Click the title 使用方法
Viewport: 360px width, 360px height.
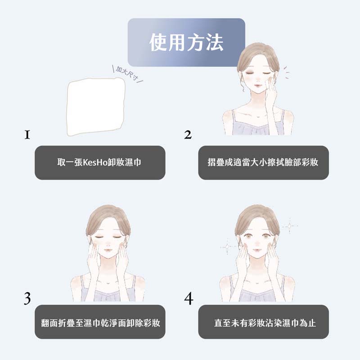tap(186, 42)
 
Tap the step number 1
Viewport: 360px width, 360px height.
tap(27, 135)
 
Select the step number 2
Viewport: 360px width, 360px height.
tap(188, 135)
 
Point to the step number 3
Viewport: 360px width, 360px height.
tap(27, 298)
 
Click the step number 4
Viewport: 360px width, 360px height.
tap(189, 298)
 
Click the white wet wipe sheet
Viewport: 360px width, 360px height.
tap(96, 106)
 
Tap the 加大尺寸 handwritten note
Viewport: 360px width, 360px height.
tap(127, 73)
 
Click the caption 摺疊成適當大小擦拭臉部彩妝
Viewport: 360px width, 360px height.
tap(263, 162)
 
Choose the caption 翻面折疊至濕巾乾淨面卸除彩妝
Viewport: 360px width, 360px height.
tap(100, 323)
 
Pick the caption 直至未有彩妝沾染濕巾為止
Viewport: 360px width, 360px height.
tap(265, 323)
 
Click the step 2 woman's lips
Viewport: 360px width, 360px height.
tap(257, 85)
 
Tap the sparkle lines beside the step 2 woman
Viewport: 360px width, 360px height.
tap(286, 72)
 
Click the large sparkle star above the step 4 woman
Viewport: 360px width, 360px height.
tap(290, 226)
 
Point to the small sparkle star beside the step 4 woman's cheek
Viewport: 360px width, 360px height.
tap(227, 247)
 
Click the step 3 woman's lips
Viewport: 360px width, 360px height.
tap(108, 250)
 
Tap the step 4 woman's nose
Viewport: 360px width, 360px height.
tap(256, 243)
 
